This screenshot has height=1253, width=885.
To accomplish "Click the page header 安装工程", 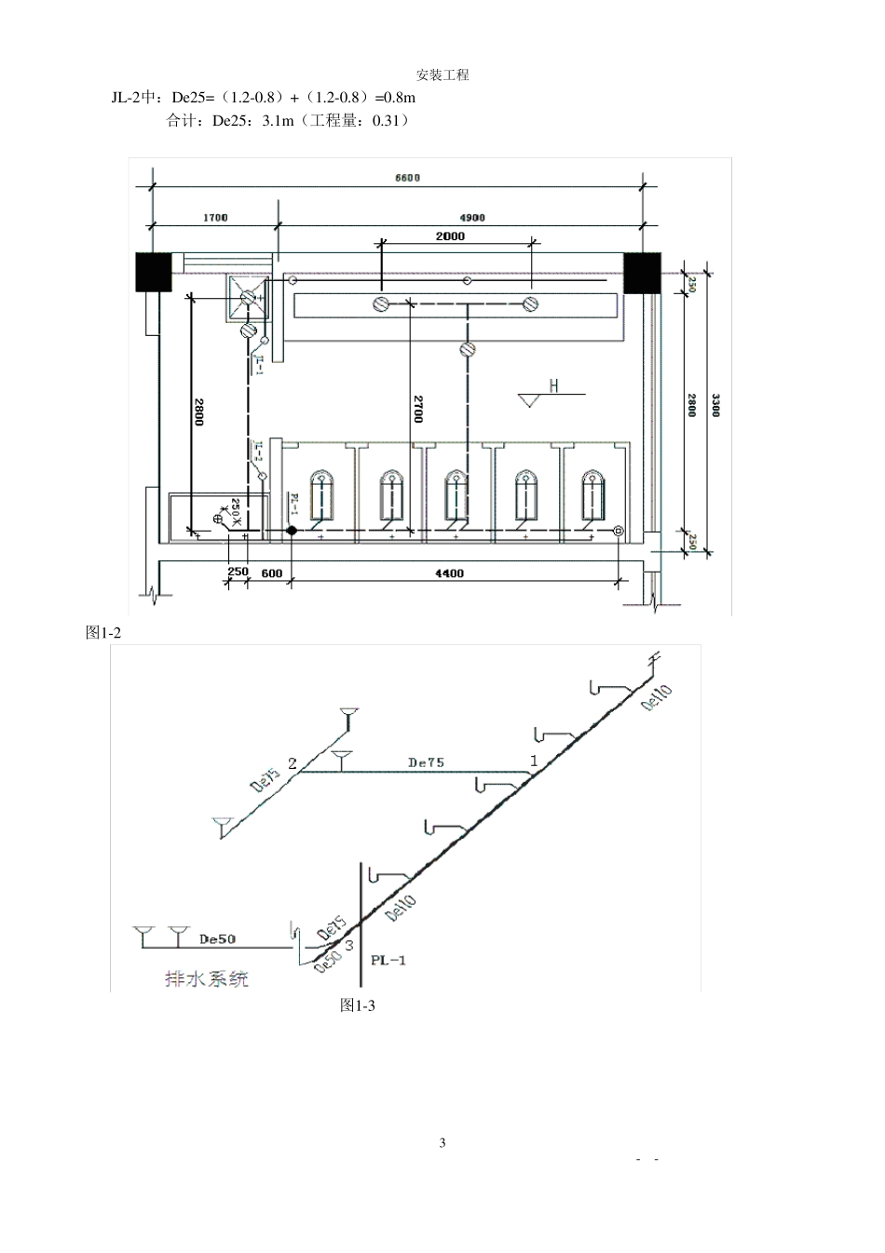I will click(442, 75).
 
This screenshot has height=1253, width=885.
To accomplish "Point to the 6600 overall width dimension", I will click(407, 178).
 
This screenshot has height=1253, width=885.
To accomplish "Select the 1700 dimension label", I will click(215, 218).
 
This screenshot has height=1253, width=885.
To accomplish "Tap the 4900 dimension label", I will click(472, 218).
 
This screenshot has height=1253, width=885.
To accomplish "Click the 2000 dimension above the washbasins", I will click(450, 236).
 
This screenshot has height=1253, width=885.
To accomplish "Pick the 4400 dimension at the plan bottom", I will click(449, 573).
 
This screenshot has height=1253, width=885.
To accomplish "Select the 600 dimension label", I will click(271, 573).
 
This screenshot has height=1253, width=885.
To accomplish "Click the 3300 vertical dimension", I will click(715, 405).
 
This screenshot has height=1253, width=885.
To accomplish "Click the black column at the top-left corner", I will click(154, 271).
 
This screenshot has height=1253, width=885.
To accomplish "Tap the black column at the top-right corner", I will click(641, 271).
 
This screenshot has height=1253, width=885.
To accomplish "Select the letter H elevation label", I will click(553, 385).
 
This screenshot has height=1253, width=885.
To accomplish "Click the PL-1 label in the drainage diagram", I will click(388, 960).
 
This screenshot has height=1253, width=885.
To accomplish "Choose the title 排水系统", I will click(207, 978).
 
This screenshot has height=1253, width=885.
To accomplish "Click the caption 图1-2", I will click(103, 632).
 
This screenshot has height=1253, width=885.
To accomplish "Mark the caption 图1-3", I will click(358, 1005).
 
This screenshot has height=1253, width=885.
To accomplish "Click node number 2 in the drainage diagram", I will click(293, 763).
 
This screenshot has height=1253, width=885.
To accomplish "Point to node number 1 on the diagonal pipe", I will click(534, 761).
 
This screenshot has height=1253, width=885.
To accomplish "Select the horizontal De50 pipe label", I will click(217, 938).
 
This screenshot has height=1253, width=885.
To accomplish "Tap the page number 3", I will click(442, 1142).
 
